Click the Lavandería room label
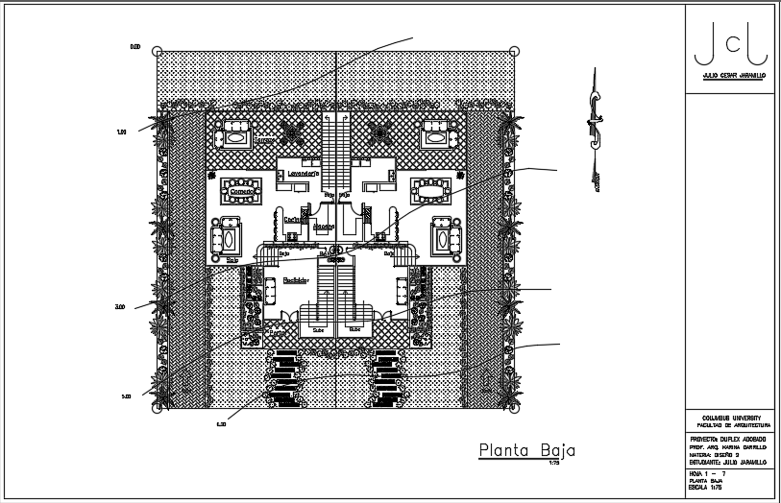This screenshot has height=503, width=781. point(303,174)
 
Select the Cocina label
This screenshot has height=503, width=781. point(292,219)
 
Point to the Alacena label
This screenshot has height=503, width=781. point(322,227)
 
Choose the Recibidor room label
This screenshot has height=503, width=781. point(294,280)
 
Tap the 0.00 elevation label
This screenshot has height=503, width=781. point(135,47)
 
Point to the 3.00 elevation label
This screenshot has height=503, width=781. point(120,307)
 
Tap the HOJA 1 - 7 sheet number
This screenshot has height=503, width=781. point(708,473)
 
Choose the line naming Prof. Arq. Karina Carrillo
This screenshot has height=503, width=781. point(727,447)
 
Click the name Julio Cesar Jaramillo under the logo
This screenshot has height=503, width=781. point(733,74)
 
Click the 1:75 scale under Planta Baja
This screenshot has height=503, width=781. point(553,464)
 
